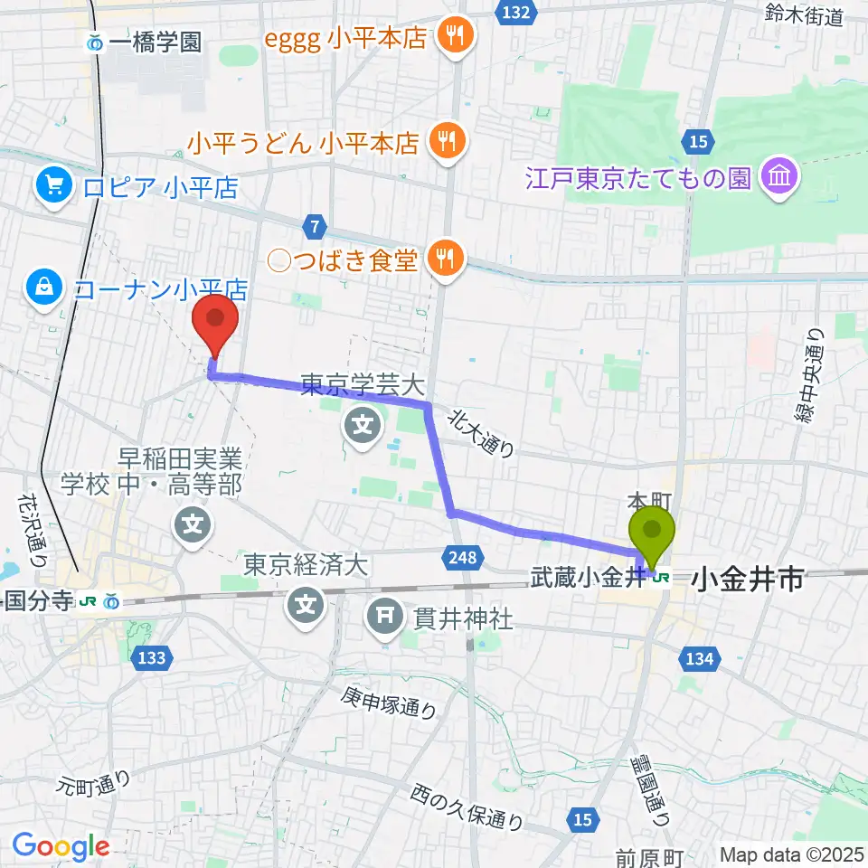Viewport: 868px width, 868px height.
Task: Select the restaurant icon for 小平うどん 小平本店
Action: click(x=446, y=141)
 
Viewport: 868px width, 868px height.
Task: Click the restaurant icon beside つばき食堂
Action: click(x=446, y=259)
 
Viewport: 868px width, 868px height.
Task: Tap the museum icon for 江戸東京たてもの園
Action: click(x=778, y=176)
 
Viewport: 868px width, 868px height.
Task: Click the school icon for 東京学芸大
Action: click(x=363, y=422)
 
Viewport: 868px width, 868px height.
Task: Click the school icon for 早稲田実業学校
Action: click(x=193, y=524)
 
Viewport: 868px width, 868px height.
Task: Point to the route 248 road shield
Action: click(x=462, y=559)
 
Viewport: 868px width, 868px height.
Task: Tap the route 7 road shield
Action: click(x=314, y=223)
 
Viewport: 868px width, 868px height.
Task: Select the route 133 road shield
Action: click(x=151, y=657)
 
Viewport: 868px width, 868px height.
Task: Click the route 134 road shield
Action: click(x=701, y=659)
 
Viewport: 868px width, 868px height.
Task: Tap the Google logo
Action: click(x=61, y=846)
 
